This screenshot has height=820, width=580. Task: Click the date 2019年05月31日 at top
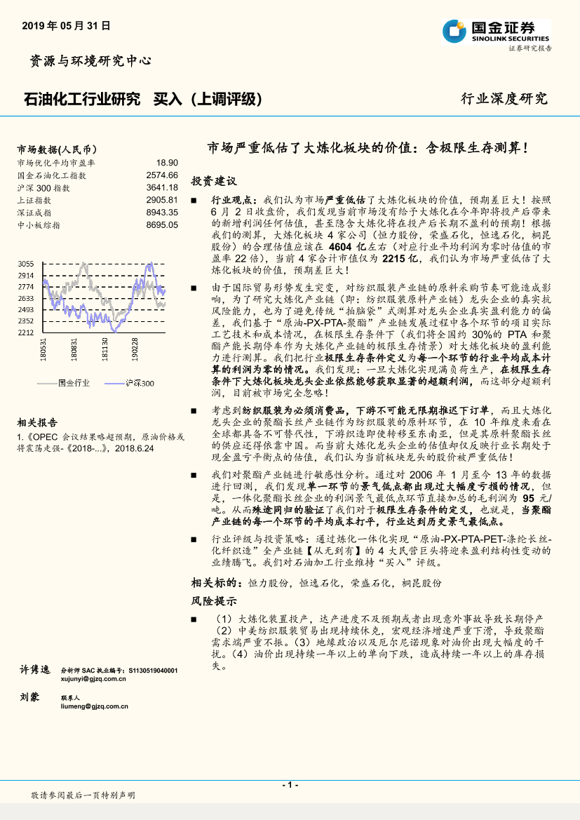67,25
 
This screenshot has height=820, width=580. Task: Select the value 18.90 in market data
167,162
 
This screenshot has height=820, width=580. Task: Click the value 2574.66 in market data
162,175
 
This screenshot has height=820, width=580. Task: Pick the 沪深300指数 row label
43,187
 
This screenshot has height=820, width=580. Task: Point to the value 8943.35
162,212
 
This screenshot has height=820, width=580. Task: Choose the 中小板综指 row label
39,225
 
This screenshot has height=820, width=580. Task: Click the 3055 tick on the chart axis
26,263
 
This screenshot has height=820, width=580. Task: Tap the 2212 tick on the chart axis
26,332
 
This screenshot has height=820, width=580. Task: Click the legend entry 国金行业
74,383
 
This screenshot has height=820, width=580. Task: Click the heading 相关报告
37,422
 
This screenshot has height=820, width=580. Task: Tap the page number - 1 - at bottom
290,784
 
